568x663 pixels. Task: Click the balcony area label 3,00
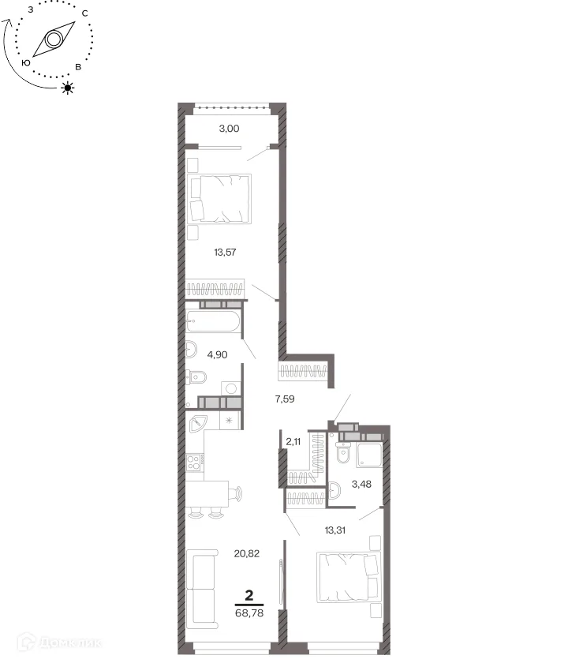point(229,128)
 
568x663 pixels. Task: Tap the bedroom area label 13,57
point(225,253)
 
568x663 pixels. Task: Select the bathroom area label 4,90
point(217,354)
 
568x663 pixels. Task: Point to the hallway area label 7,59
point(285,399)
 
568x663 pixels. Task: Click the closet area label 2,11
point(293,442)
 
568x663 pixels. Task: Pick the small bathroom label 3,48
point(361,484)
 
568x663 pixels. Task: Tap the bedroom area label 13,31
point(335,530)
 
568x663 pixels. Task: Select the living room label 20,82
point(247,553)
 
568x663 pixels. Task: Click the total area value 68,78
point(249,613)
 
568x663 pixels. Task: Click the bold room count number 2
point(249,595)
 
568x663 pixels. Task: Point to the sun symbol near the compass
point(68,88)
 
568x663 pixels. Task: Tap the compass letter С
point(85,13)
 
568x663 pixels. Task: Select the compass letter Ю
point(26,63)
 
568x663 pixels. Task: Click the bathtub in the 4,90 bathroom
point(213,321)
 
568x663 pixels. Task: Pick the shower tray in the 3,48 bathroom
point(369,455)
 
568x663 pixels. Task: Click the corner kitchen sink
point(197,424)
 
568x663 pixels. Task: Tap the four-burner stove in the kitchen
point(193,463)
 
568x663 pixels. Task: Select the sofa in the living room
point(202,590)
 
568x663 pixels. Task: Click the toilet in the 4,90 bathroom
point(196,376)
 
